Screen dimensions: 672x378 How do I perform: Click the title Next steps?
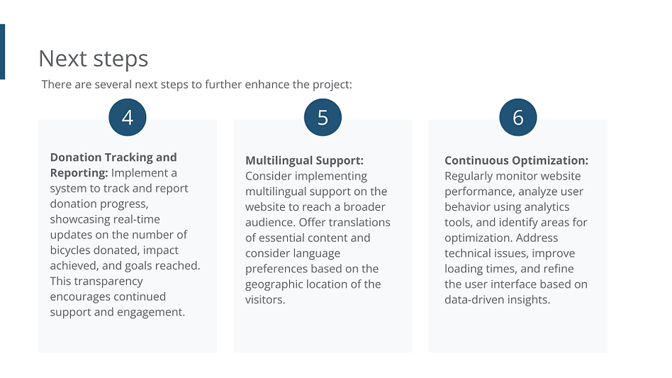[x=94, y=59]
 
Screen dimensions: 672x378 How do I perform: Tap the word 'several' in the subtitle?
[x=113, y=84]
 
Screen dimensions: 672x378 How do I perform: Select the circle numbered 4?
[x=128, y=118]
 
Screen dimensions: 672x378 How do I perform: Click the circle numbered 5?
[x=323, y=118]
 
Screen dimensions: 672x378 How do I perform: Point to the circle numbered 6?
[x=517, y=118]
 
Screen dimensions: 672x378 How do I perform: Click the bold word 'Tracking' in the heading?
[x=128, y=157]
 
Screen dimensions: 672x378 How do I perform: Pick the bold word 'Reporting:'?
[x=79, y=173]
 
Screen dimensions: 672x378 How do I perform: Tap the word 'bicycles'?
[x=70, y=250]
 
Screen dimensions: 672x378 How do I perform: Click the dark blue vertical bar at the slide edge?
[x=2, y=52]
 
